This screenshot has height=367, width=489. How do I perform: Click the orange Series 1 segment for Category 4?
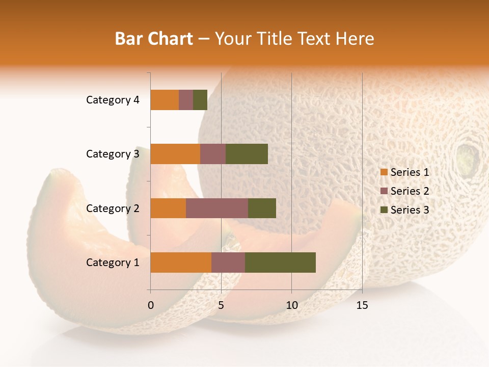pyautogui.click(x=165, y=100)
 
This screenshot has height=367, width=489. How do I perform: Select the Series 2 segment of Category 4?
pyautogui.click(x=186, y=100)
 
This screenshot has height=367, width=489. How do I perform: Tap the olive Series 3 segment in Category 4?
pyautogui.click(x=200, y=100)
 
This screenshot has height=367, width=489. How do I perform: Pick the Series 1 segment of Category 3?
pyautogui.click(x=175, y=154)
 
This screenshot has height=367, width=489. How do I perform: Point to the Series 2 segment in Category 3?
pyautogui.click(x=213, y=154)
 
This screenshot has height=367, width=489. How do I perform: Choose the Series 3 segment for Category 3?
pyautogui.click(x=247, y=154)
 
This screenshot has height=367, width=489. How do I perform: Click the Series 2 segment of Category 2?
pyautogui.click(x=217, y=208)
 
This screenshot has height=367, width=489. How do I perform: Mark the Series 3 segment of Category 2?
pyautogui.click(x=262, y=208)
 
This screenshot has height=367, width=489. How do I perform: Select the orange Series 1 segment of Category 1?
pyautogui.click(x=181, y=263)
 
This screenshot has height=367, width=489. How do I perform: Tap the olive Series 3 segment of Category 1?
pyautogui.click(x=280, y=263)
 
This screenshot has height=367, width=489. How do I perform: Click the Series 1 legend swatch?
pyautogui.click(x=384, y=172)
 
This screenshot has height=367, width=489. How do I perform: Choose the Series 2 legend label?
pyautogui.click(x=410, y=191)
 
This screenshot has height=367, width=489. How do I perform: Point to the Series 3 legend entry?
pyautogui.click(x=405, y=210)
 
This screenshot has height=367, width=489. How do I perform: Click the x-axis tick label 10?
pyautogui.click(x=291, y=305)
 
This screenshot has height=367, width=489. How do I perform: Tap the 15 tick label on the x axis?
pyautogui.click(x=362, y=305)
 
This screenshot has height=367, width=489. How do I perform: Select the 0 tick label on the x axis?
pyautogui.click(x=151, y=305)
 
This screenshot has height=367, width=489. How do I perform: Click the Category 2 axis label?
pyautogui.click(x=113, y=208)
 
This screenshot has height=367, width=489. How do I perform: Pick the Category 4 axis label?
pyautogui.click(x=113, y=100)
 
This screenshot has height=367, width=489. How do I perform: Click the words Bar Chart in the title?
pyautogui.click(x=154, y=39)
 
